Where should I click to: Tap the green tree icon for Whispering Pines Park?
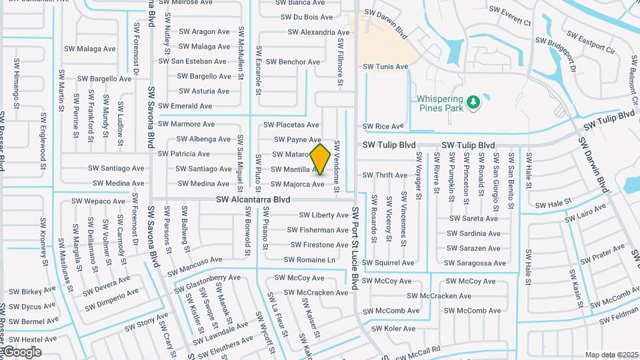coord(474,102)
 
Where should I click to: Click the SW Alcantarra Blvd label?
coord(253,199)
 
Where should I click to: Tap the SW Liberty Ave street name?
coord(323,215)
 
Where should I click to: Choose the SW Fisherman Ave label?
coord(317,230)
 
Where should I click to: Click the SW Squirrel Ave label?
coord(388,263)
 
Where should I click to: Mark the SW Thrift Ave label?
coord(384,175)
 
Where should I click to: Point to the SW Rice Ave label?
coord(383,126)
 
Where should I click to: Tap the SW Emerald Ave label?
coord(185,106)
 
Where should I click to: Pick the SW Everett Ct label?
coord(509,16)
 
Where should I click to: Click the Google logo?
coord(22,351)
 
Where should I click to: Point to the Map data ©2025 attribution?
coord(611,355)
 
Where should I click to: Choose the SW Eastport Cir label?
coord(590,41)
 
